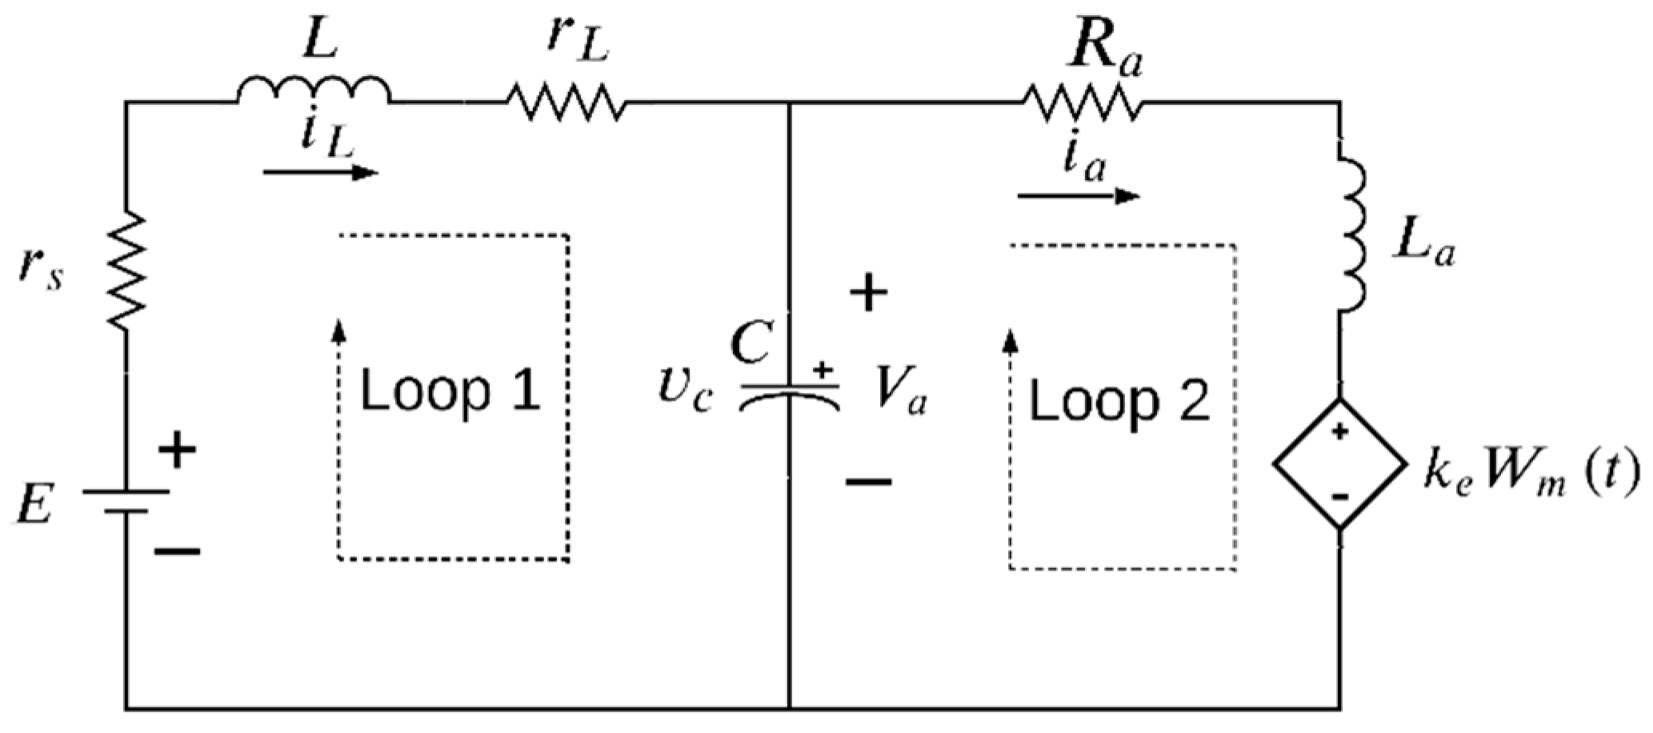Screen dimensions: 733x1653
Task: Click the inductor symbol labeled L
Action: pyautogui.click(x=314, y=90)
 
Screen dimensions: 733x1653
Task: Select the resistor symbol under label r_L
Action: pyautogui.click(x=566, y=102)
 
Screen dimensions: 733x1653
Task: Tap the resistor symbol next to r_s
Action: pyautogui.click(x=126, y=270)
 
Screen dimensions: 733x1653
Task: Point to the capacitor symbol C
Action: pyautogui.click(x=790, y=395)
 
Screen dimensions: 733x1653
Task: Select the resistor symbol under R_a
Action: pyautogui.click(x=1082, y=102)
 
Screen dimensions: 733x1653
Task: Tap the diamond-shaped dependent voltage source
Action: pyautogui.click(x=1340, y=463)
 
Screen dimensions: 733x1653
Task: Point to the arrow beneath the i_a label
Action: pyautogui.click(x=1079, y=195)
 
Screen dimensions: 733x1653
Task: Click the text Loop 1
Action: pyautogui.click(x=450, y=391)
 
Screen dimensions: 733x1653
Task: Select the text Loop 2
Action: pyautogui.click(x=1119, y=401)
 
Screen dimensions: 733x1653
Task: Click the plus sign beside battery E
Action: pyautogui.click(x=178, y=451)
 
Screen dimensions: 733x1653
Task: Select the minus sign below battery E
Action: pyautogui.click(x=178, y=551)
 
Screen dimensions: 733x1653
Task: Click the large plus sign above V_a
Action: pyautogui.click(x=868, y=293)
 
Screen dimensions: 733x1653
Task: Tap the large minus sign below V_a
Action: pyautogui.click(x=868, y=481)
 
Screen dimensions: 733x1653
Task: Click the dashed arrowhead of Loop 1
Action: pyautogui.click(x=339, y=330)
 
